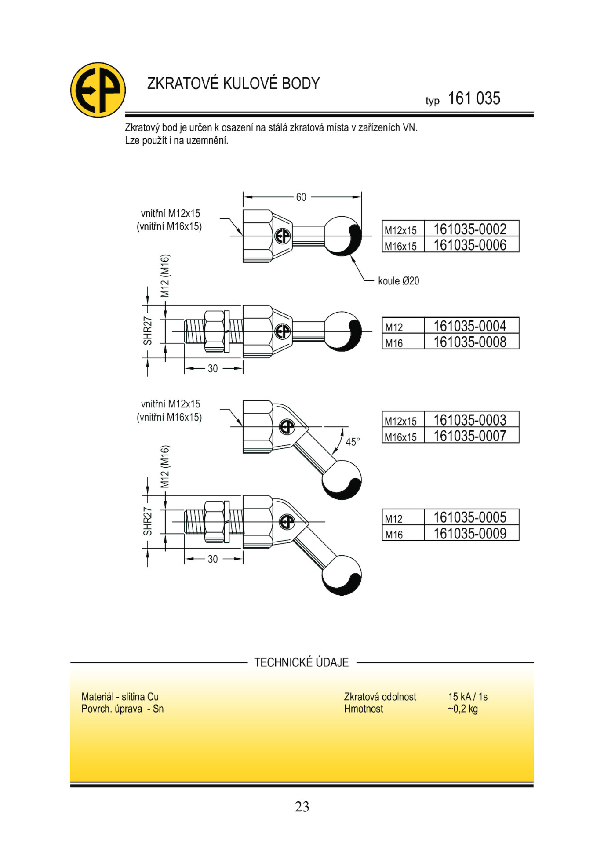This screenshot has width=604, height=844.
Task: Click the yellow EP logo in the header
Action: click(98, 90)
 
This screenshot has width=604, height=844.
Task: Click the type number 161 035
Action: click(473, 98)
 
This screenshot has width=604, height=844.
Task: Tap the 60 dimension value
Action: click(301, 197)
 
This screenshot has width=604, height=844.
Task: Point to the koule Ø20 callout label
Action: click(398, 281)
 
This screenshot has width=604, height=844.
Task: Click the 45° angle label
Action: click(353, 442)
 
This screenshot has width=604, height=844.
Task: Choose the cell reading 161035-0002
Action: click(470, 229)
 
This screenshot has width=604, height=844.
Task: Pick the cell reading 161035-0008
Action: click(470, 342)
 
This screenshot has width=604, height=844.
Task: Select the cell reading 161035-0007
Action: click(470, 436)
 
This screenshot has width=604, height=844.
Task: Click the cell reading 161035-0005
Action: click(470, 517)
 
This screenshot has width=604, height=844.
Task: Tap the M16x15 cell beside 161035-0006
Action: click(400, 246)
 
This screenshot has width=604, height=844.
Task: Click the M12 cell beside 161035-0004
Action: click(394, 327)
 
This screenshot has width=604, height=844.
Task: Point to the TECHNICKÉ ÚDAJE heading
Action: click(301, 662)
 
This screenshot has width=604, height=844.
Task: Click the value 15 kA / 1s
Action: click(468, 697)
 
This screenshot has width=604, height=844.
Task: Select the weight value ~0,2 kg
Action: click(462, 709)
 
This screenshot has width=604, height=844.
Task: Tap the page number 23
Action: click(302, 807)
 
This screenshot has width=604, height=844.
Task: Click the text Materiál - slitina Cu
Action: click(120, 697)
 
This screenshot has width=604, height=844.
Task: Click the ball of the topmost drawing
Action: click(343, 236)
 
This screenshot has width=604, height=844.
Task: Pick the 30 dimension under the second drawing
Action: click(213, 368)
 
